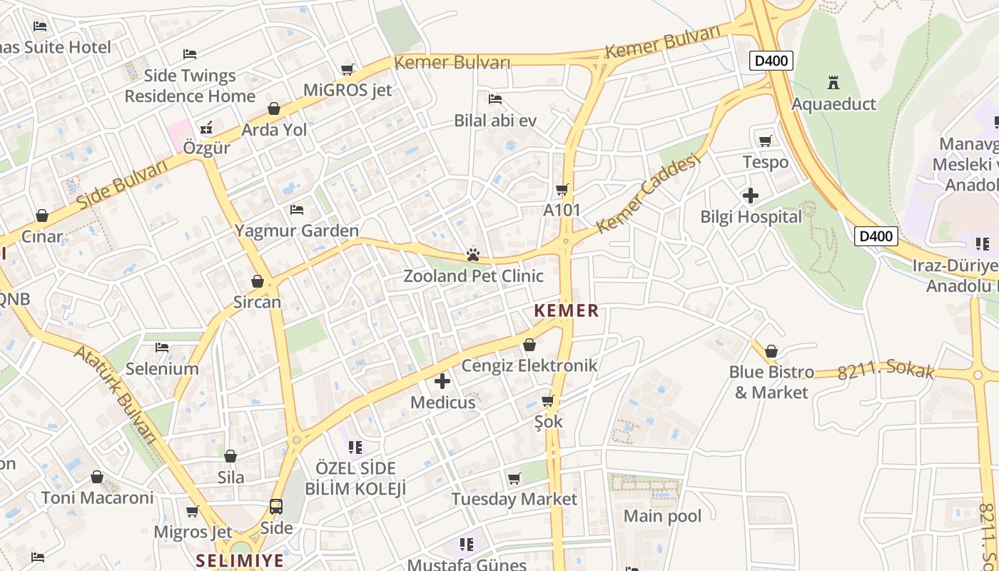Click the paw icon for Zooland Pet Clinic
(x=472, y=254)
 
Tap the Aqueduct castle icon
(x=833, y=82)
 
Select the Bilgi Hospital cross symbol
(x=751, y=195)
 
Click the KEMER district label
(x=567, y=310)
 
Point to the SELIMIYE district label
(x=240, y=560)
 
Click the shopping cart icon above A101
(x=562, y=189)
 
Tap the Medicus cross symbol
(x=442, y=381)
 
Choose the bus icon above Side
(x=276, y=507)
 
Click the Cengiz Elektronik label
(x=529, y=365)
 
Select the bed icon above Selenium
(x=162, y=348)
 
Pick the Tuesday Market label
(x=514, y=499)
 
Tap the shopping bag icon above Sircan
(x=258, y=281)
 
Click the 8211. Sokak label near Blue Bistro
(x=886, y=370)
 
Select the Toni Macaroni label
(x=97, y=497)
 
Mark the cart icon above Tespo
(x=766, y=141)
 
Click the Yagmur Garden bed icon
(x=297, y=210)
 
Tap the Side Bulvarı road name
(x=121, y=184)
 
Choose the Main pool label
(x=662, y=516)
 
